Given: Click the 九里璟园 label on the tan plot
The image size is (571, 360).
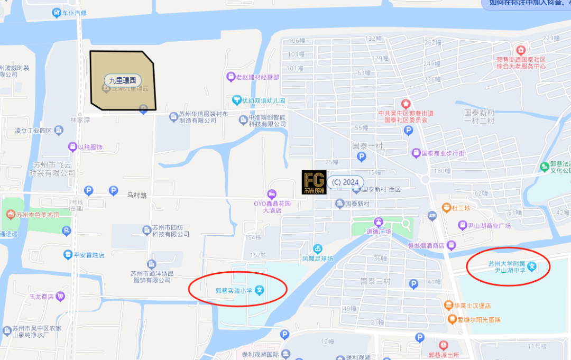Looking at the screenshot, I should pyautogui.click(x=123, y=81).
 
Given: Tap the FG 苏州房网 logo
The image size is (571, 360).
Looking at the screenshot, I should pyautogui.click(x=314, y=182).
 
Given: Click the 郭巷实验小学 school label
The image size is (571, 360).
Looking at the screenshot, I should pyautogui.click(x=234, y=290).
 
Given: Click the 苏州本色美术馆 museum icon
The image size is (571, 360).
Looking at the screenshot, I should pyautogui.click(x=10, y=215).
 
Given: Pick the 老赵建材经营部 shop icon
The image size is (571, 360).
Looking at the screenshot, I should pyautogui.click(x=231, y=77).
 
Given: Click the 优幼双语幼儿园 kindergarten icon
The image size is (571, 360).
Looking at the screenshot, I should pyautogui.click(x=236, y=100).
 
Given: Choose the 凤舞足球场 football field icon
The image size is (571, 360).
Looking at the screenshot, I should pyautogui.click(x=317, y=248).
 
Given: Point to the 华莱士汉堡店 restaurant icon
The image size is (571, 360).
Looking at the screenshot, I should pyautogui.click(x=448, y=306).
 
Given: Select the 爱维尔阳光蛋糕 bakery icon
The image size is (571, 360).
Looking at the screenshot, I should pyautogui.click(x=452, y=319).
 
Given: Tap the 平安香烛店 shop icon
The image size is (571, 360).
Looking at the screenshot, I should pyautogui.click(x=68, y=255).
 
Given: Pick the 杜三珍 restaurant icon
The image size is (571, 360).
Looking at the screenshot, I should pyautogui.click(x=446, y=208).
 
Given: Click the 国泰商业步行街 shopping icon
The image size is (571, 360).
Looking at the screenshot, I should pyautogui.click(x=416, y=153).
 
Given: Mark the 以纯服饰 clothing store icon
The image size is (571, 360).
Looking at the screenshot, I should pyautogui.click(x=72, y=147).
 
